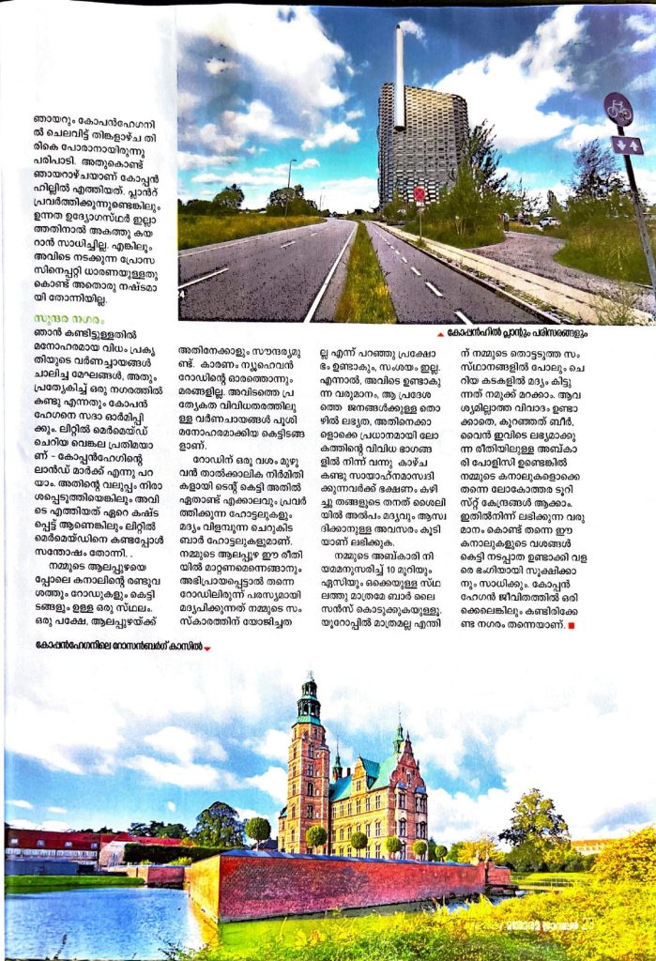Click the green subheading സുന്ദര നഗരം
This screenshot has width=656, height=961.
54,319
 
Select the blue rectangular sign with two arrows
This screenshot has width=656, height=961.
626,145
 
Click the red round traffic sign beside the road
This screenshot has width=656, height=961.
420,194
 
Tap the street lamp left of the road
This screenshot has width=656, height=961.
288,183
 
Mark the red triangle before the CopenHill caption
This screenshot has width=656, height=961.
441,333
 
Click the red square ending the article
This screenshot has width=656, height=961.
572,625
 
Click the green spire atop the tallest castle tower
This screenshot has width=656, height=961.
307,690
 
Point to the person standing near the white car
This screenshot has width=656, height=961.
506,221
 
